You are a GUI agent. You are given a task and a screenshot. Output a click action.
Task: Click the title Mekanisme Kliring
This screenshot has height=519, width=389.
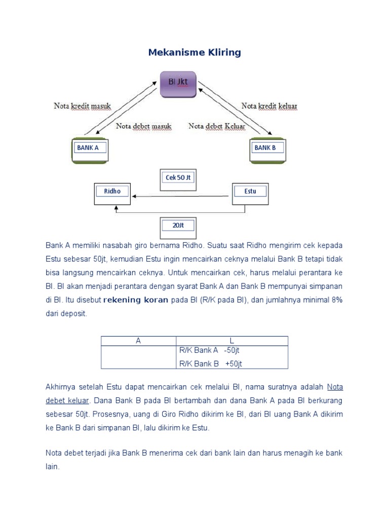point(194,53)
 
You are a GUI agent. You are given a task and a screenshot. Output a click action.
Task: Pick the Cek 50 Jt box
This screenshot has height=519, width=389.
point(178,177)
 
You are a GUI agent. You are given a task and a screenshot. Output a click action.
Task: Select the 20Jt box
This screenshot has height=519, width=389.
point(178,225)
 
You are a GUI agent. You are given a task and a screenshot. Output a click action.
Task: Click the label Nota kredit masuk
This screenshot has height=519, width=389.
point(82,106)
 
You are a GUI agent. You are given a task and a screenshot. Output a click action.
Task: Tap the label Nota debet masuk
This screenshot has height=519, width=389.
point(144,126)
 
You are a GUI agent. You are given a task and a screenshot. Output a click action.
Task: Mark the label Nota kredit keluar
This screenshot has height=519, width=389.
point(269,106)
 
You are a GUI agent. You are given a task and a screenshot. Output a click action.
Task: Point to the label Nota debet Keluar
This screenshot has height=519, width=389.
point(217,126)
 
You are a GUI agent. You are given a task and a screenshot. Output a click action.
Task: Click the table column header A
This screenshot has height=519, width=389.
point(138,341)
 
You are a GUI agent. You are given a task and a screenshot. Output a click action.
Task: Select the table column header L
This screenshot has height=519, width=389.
point(232,341)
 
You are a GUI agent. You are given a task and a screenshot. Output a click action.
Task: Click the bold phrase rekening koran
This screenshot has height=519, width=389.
point(136,300)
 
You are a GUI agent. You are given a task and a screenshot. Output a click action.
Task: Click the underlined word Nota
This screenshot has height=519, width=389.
point(335,387)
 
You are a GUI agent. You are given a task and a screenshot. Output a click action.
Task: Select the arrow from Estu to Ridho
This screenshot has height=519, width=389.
point(182,196)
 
